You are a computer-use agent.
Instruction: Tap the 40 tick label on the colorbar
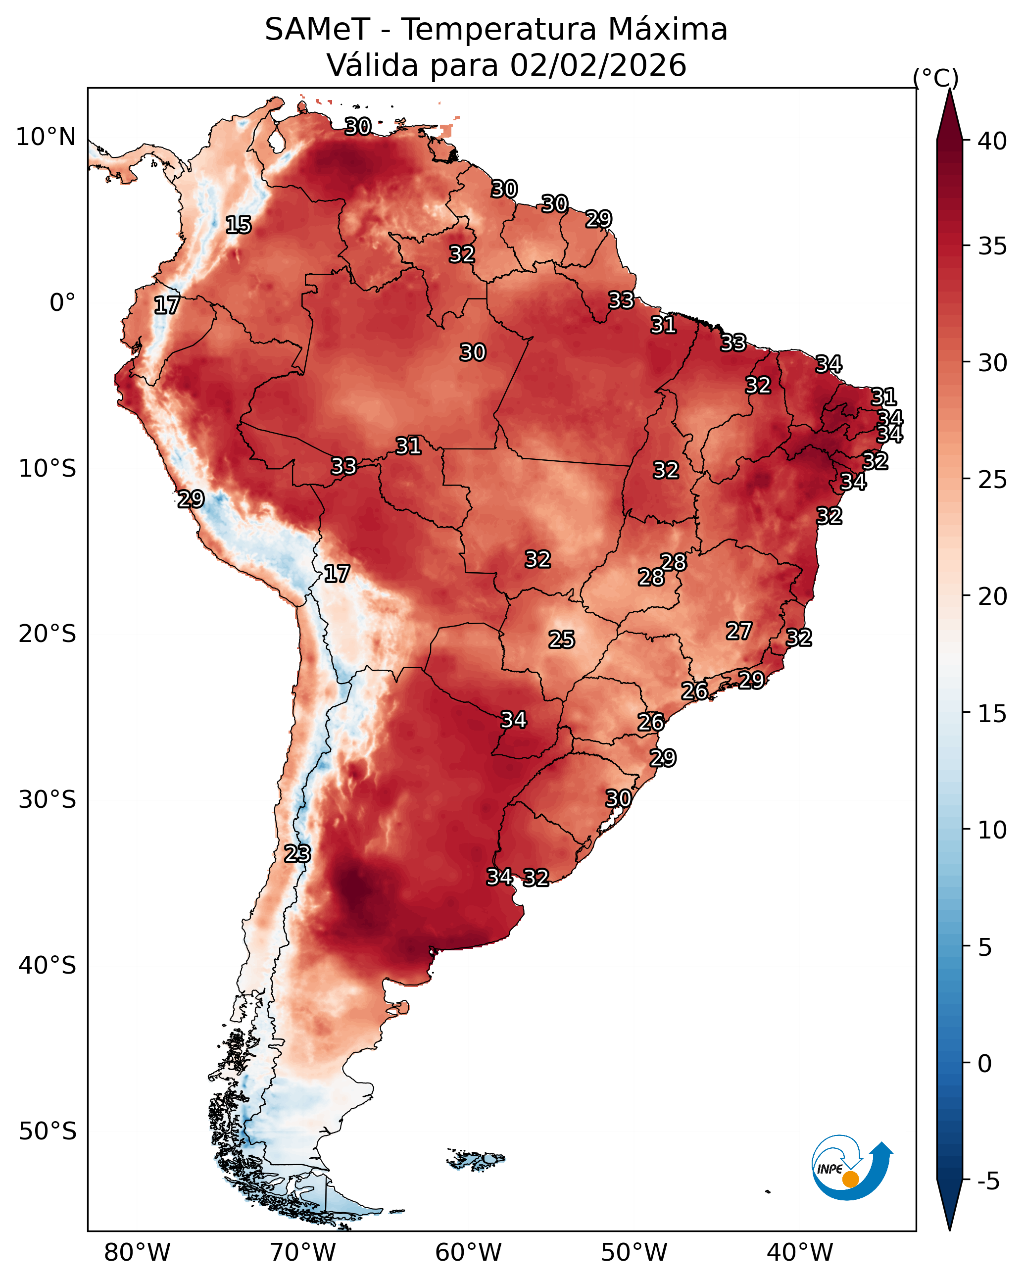coord(992,141)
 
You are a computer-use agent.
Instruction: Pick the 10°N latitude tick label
coord(46,137)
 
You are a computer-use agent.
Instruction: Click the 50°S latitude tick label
coord(48,1132)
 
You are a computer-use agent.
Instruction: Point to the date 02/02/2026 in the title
coord(598,65)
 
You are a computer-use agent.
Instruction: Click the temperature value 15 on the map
coord(239,225)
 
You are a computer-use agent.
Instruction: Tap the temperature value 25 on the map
coord(562,640)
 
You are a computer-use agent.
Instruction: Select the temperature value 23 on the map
coord(297,854)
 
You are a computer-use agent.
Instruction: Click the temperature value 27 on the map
coord(739,631)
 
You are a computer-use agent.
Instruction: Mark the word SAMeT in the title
coord(317,30)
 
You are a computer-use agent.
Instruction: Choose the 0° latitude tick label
coord(62,303)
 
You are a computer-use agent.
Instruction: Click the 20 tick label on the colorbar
coord(992,596)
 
